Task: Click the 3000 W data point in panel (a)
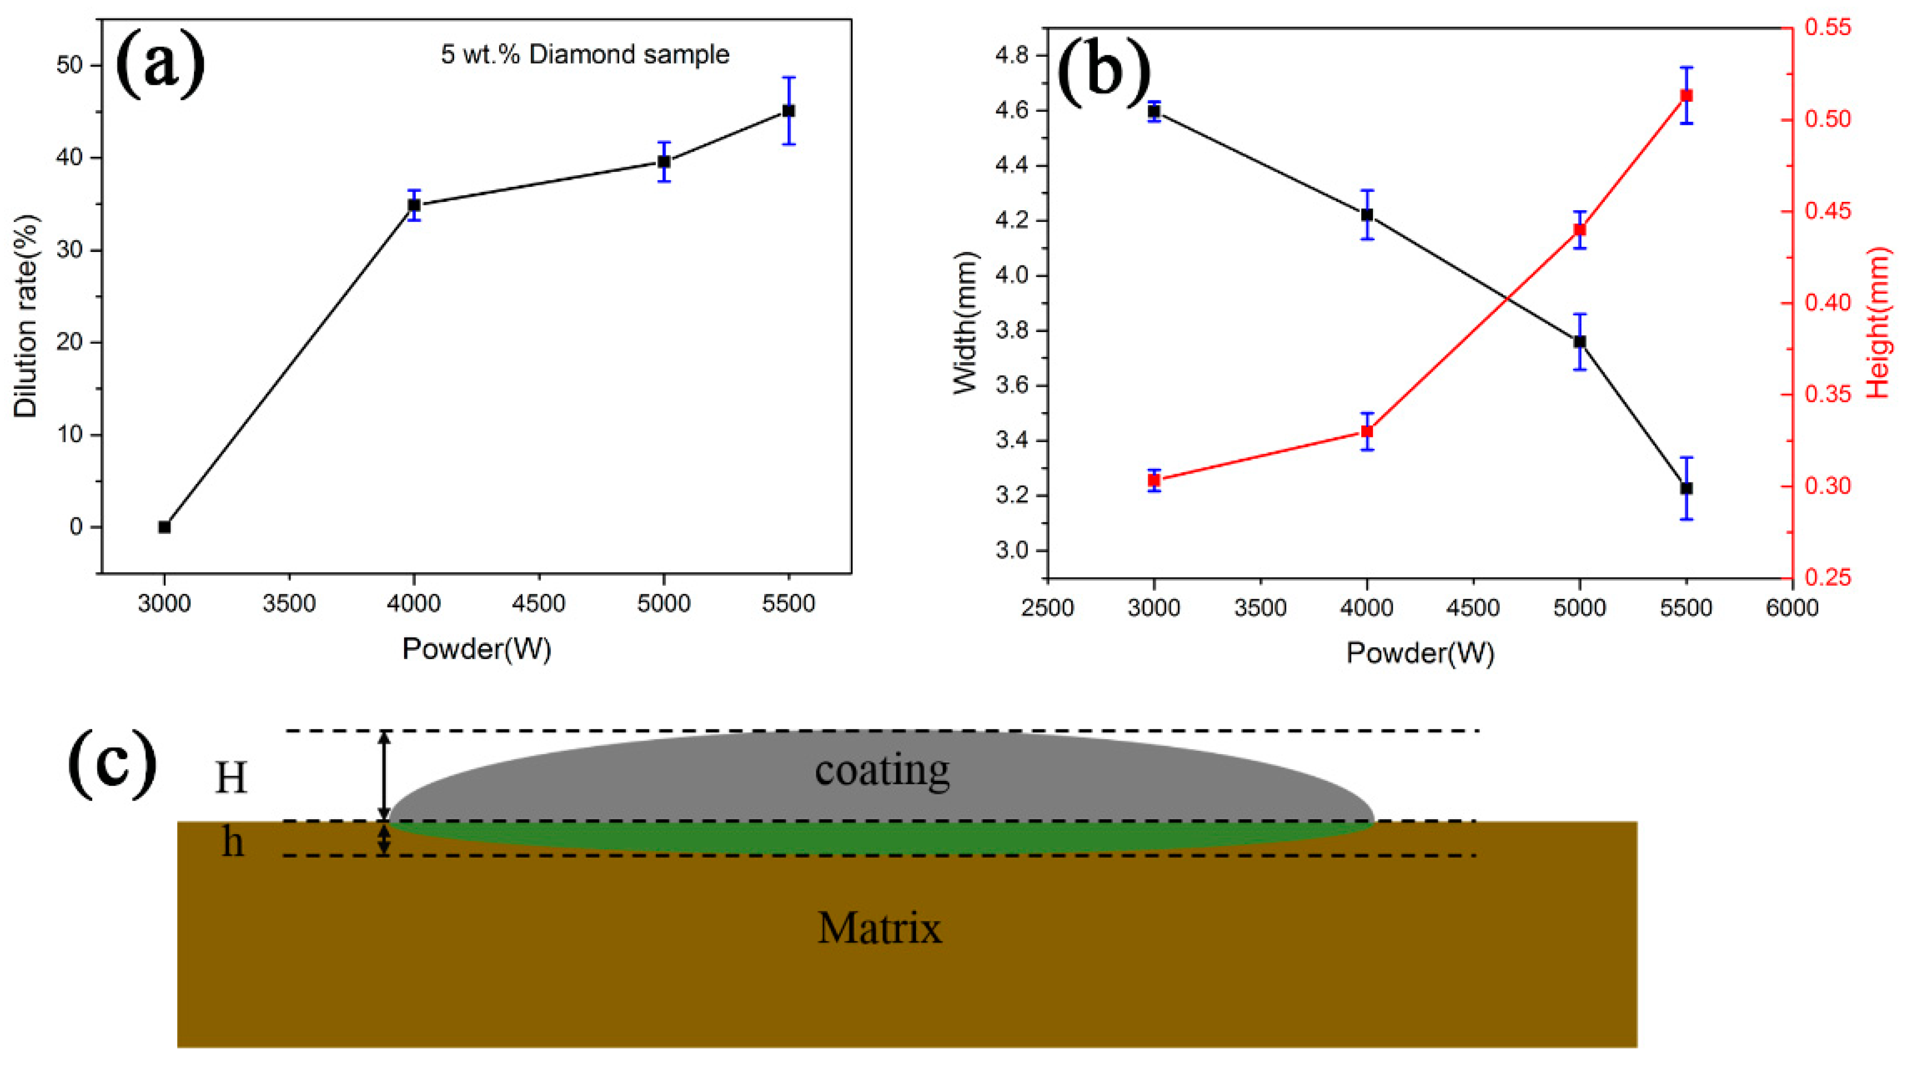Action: [x=164, y=527]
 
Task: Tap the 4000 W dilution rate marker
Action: [x=414, y=205]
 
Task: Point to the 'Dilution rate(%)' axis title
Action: [x=26, y=316]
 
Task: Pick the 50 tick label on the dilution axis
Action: [x=68, y=65]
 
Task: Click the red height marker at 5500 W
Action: [x=1687, y=96]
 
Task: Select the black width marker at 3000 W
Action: [x=1154, y=111]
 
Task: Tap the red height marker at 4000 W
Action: [x=1367, y=431]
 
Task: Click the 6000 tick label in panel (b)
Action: [x=1792, y=608]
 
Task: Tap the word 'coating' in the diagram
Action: [x=882, y=770]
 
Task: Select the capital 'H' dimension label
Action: [x=230, y=779]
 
